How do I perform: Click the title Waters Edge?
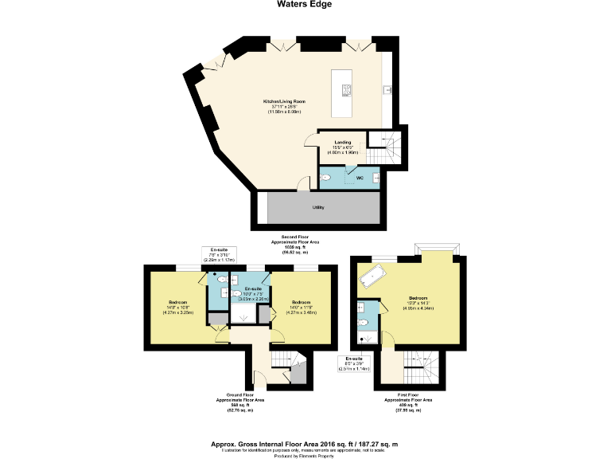point(305,5)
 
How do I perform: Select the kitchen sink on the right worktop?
point(385,88)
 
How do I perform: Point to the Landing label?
point(343,144)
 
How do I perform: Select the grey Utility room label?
point(318,208)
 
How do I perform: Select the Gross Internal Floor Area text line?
point(305,442)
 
